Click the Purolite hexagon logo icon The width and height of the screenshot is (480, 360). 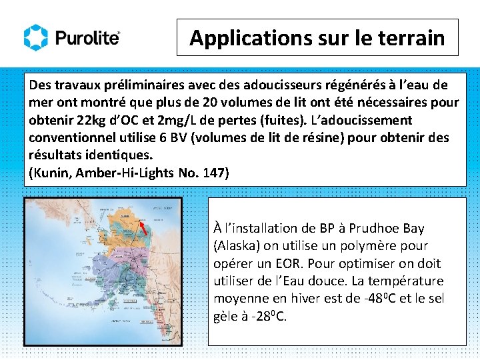coord(36,37)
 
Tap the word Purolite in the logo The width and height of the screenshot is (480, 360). coord(87,38)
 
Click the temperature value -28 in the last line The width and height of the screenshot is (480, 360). coord(258,316)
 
